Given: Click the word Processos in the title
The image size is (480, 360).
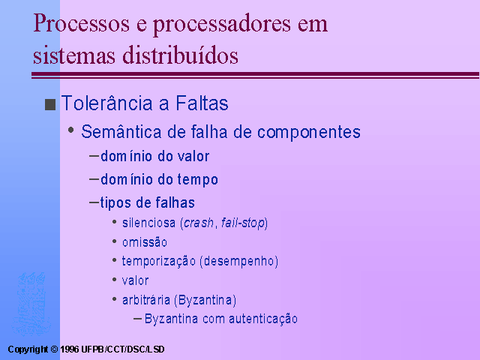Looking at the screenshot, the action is pyautogui.click(x=81, y=23).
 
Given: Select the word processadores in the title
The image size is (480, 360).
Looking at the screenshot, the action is pyautogui.click(x=222, y=25).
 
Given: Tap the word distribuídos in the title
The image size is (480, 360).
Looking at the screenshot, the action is pyautogui.click(x=180, y=55).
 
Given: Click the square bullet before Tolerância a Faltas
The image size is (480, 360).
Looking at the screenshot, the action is pyautogui.click(x=50, y=104).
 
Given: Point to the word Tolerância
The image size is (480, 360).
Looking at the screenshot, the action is pyautogui.click(x=106, y=103).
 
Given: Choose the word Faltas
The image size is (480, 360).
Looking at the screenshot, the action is pyautogui.click(x=202, y=103).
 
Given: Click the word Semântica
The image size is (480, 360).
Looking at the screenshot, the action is pyautogui.click(x=121, y=132).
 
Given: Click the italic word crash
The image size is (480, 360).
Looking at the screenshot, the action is pyautogui.click(x=198, y=223).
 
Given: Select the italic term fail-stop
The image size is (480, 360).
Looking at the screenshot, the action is pyautogui.click(x=243, y=223).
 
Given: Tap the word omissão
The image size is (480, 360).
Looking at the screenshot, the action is pyautogui.click(x=145, y=242).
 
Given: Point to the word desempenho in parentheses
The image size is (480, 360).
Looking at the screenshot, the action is pyautogui.click(x=239, y=262).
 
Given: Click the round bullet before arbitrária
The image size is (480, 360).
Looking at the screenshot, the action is pyautogui.click(x=115, y=298).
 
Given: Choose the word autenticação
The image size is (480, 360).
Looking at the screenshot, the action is pyautogui.click(x=263, y=319).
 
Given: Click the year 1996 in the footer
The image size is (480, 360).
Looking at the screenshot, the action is pyautogui.click(x=69, y=349).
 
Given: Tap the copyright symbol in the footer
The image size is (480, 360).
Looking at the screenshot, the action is pyautogui.click(x=54, y=349).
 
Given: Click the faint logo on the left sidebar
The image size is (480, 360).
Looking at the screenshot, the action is pyautogui.click(x=30, y=303).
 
